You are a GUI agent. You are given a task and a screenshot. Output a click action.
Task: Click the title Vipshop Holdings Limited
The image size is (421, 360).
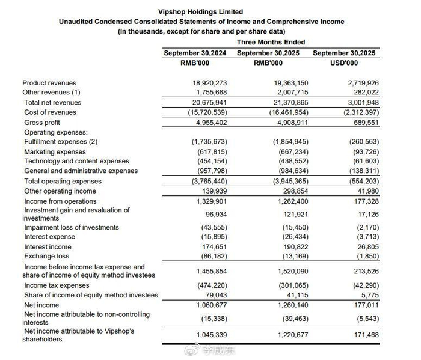201,11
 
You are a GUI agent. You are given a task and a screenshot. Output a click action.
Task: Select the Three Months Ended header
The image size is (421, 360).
271,42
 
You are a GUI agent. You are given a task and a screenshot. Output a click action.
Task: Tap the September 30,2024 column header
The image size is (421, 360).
195,53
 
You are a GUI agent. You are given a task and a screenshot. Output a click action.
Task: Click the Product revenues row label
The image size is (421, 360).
49,83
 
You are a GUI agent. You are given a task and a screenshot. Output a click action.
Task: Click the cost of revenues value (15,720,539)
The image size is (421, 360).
204,112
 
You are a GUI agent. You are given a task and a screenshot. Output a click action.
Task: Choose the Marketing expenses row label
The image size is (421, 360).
55,152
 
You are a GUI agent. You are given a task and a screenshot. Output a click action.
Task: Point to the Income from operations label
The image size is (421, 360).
60,201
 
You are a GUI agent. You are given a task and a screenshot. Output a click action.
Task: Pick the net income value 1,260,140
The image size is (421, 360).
290,305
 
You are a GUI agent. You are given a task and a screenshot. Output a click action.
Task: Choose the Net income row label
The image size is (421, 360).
41,305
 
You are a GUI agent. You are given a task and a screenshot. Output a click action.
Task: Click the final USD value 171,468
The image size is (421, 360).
361,334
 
